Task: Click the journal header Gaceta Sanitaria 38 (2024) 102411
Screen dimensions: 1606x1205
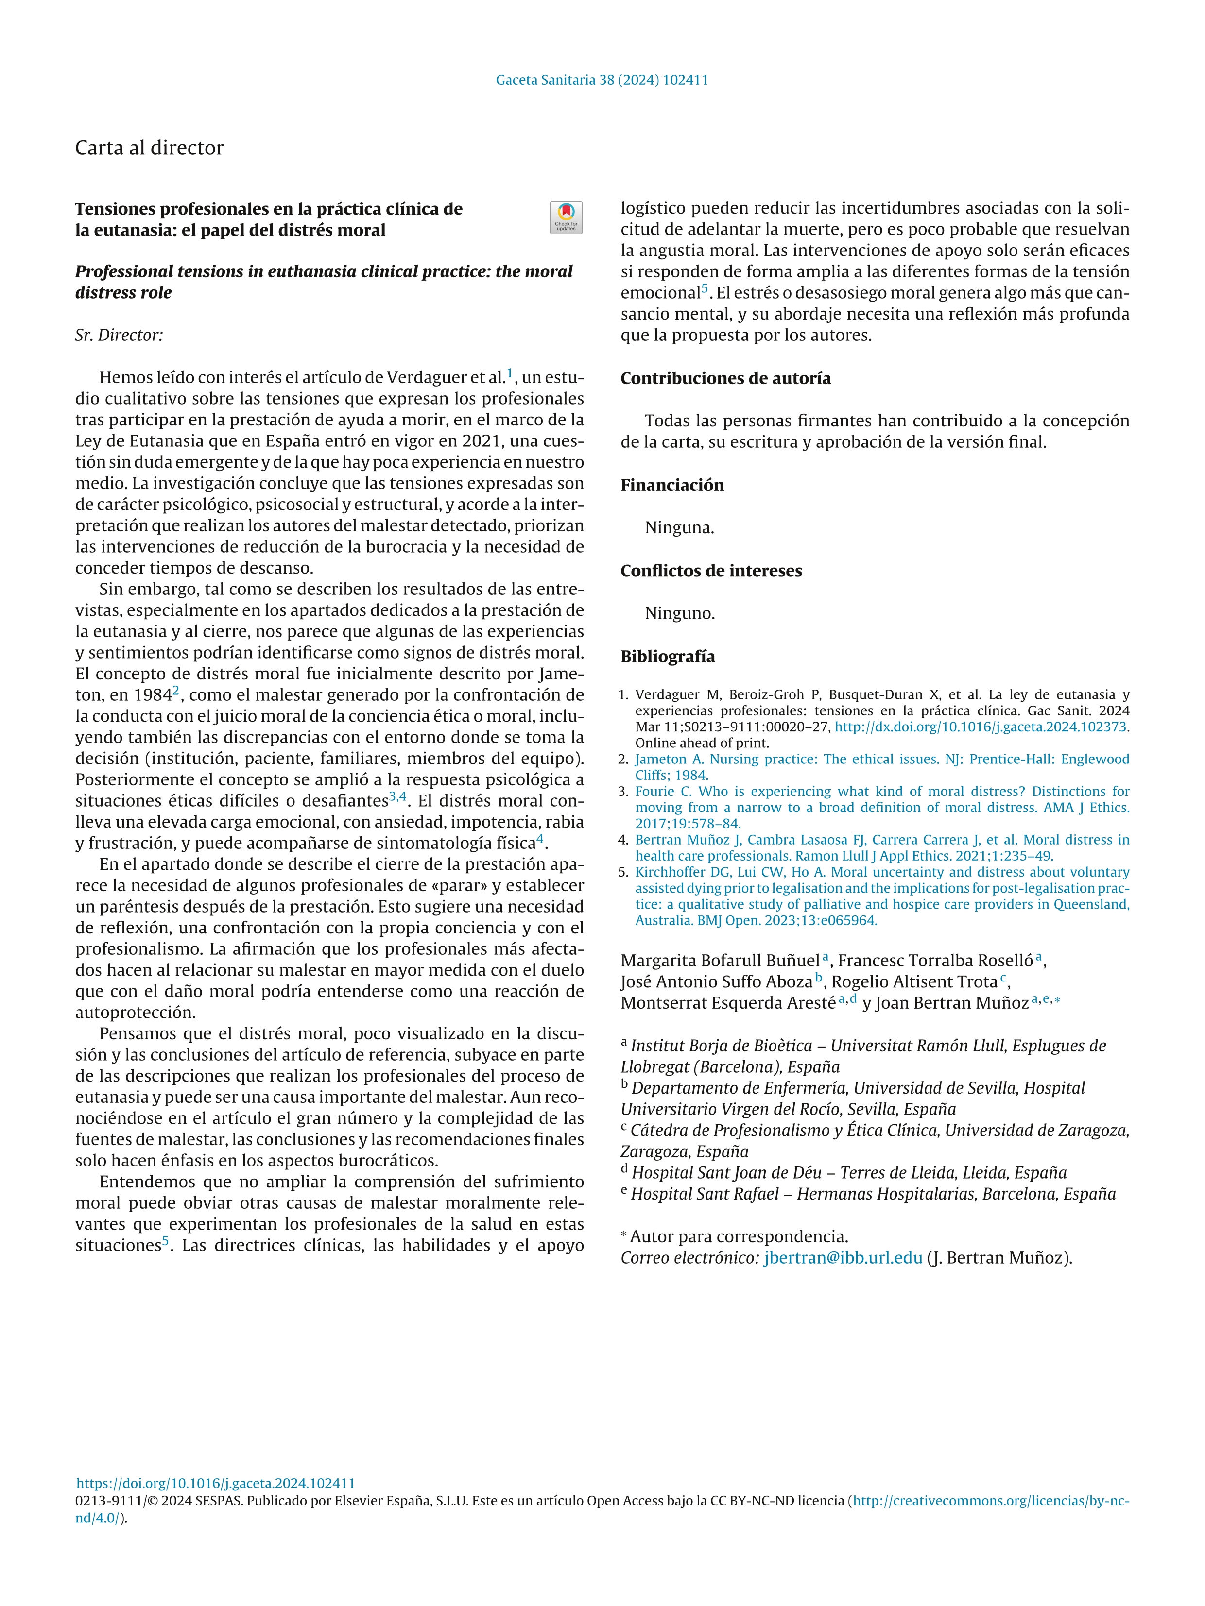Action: tap(602, 80)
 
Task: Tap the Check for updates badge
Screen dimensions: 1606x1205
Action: tap(566, 217)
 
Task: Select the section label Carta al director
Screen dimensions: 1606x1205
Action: tap(150, 148)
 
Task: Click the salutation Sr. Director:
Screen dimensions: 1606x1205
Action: tap(119, 336)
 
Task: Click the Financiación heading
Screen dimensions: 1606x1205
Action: tap(672, 485)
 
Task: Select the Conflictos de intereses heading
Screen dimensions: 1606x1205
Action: tap(711, 571)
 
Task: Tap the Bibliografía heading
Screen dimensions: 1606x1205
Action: tap(668, 657)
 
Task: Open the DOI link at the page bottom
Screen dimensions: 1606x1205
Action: tap(216, 1483)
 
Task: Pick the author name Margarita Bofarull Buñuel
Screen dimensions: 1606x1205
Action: tap(720, 961)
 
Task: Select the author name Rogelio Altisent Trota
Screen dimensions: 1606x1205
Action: tap(914, 981)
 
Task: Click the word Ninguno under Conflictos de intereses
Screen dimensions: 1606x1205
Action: tap(680, 613)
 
